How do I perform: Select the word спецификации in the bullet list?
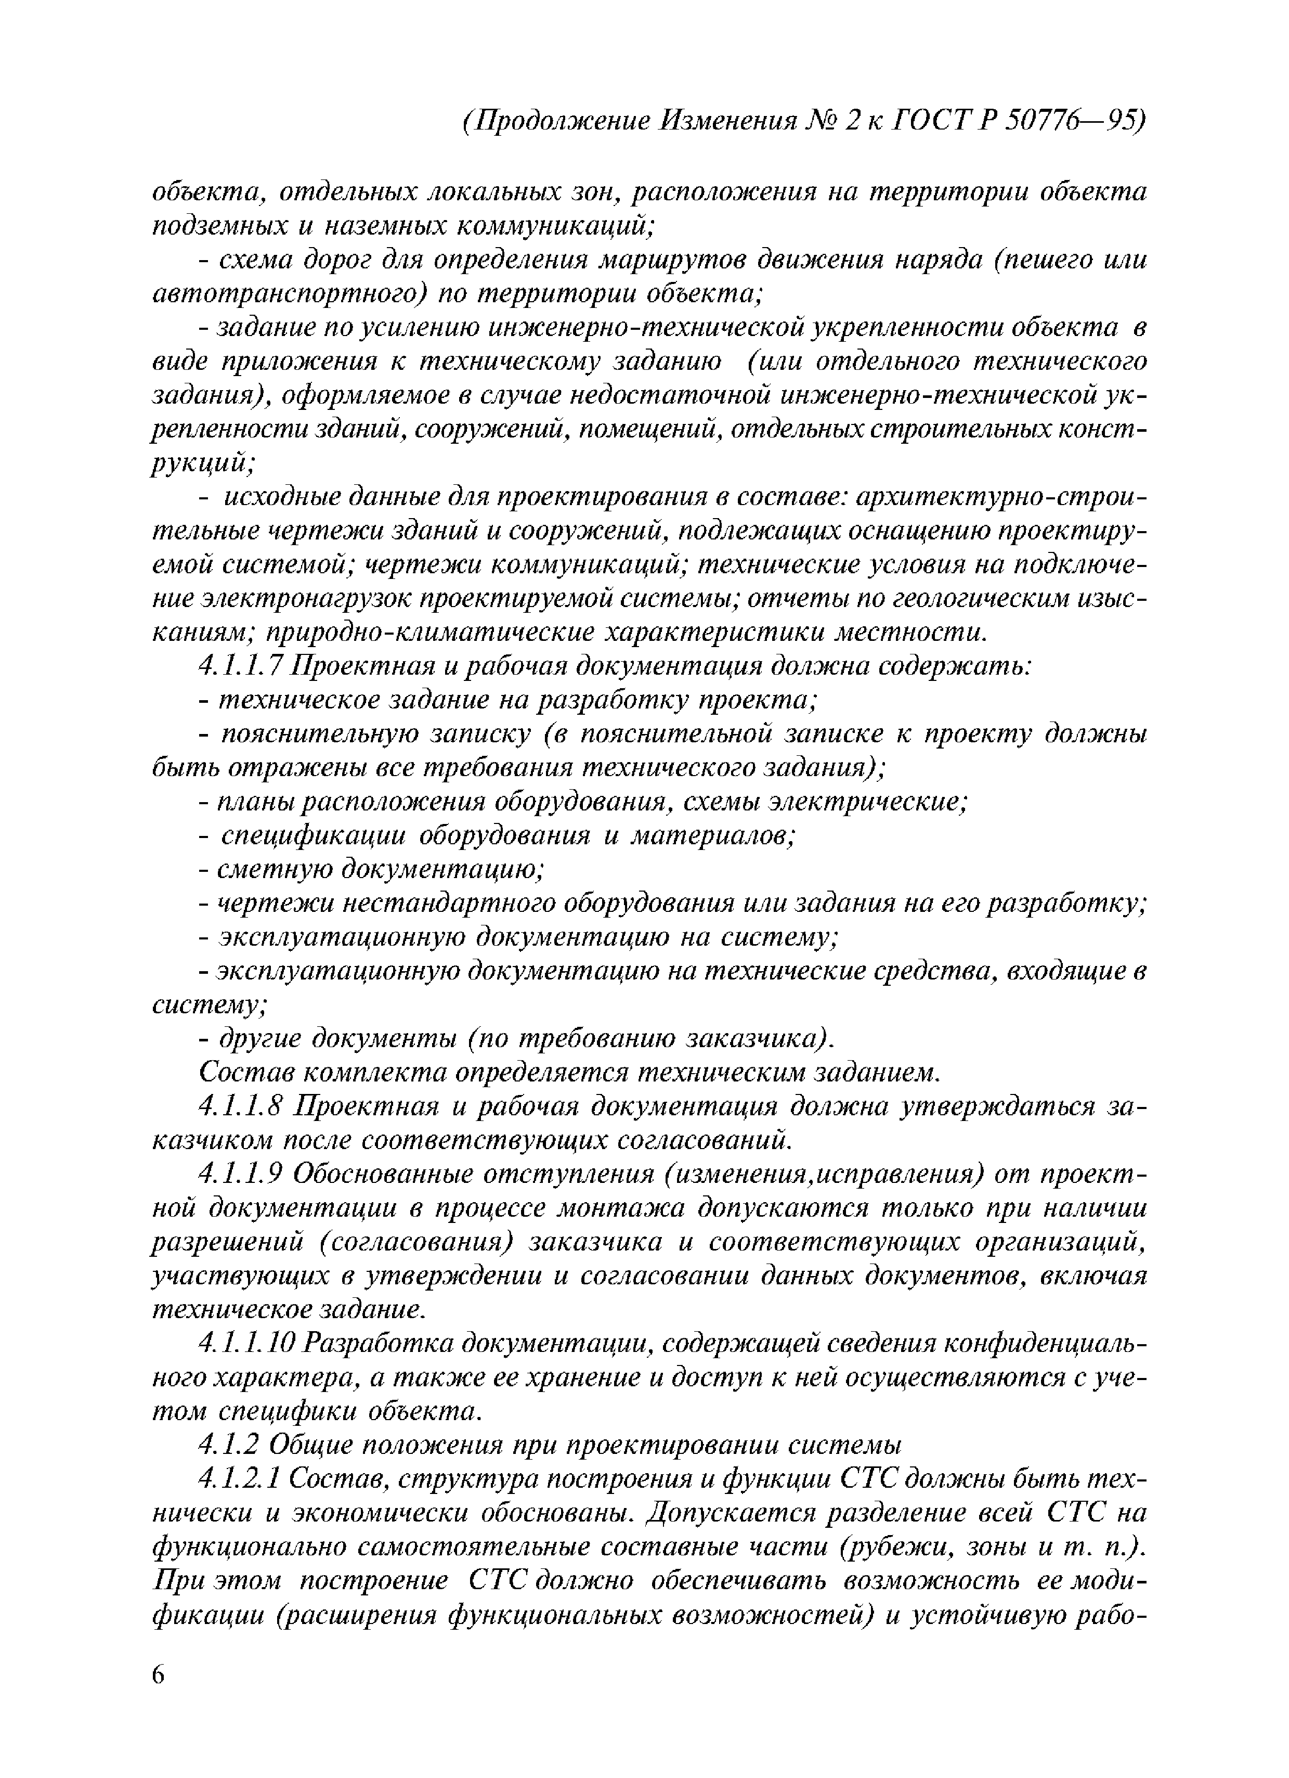tap(314, 836)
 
